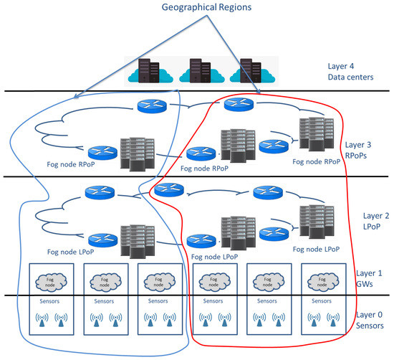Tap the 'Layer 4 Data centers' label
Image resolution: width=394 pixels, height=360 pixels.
click(x=360, y=72)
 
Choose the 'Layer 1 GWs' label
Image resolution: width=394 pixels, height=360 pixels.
click(x=370, y=280)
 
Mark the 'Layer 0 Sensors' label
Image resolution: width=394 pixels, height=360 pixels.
click(x=370, y=321)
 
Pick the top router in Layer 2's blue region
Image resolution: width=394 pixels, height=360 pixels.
click(x=99, y=193)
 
